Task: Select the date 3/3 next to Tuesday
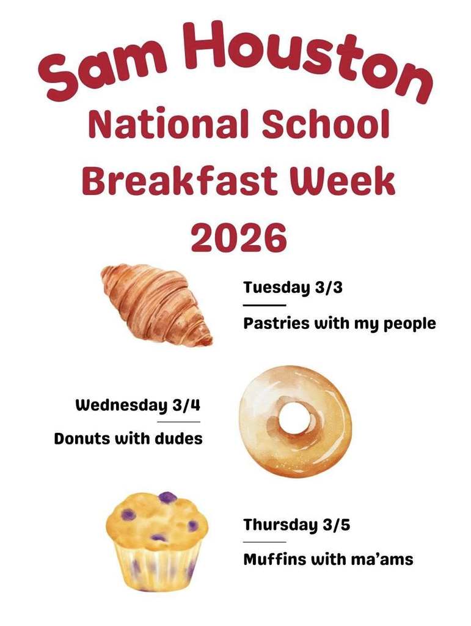tap(329, 287)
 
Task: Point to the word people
tap(409, 324)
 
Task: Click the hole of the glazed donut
tap(295, 420)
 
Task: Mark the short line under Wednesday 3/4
tap(178, 422)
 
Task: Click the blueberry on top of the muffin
tap(167, 498)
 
